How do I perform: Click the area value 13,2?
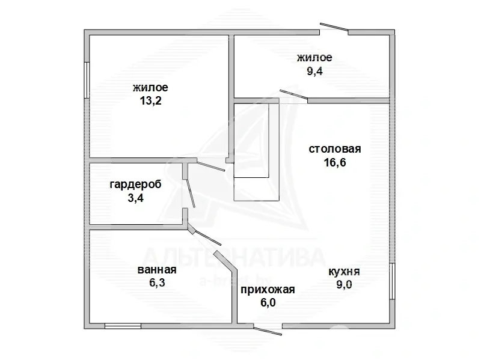pos(150,100)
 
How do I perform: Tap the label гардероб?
pos(135,185)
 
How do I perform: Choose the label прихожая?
pos(268,290)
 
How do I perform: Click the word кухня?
pos(344,272)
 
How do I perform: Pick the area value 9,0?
pos(344,285)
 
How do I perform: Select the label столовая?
pos(335,148)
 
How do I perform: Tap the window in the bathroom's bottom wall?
pos(123,326)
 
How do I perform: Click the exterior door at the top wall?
pos(334,28)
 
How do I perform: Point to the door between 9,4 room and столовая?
pos(294,94)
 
